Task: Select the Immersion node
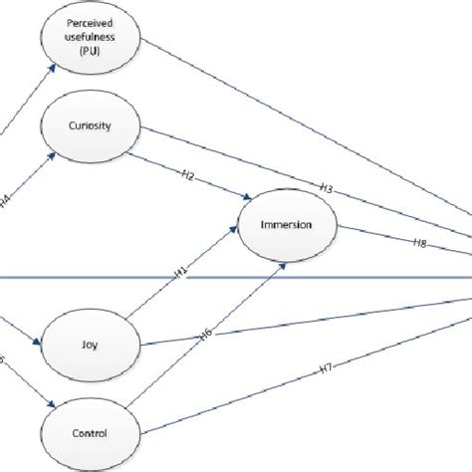click(x=288, y=225)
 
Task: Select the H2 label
click(x=185, y=176)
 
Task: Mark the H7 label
click(x=325, y=369)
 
